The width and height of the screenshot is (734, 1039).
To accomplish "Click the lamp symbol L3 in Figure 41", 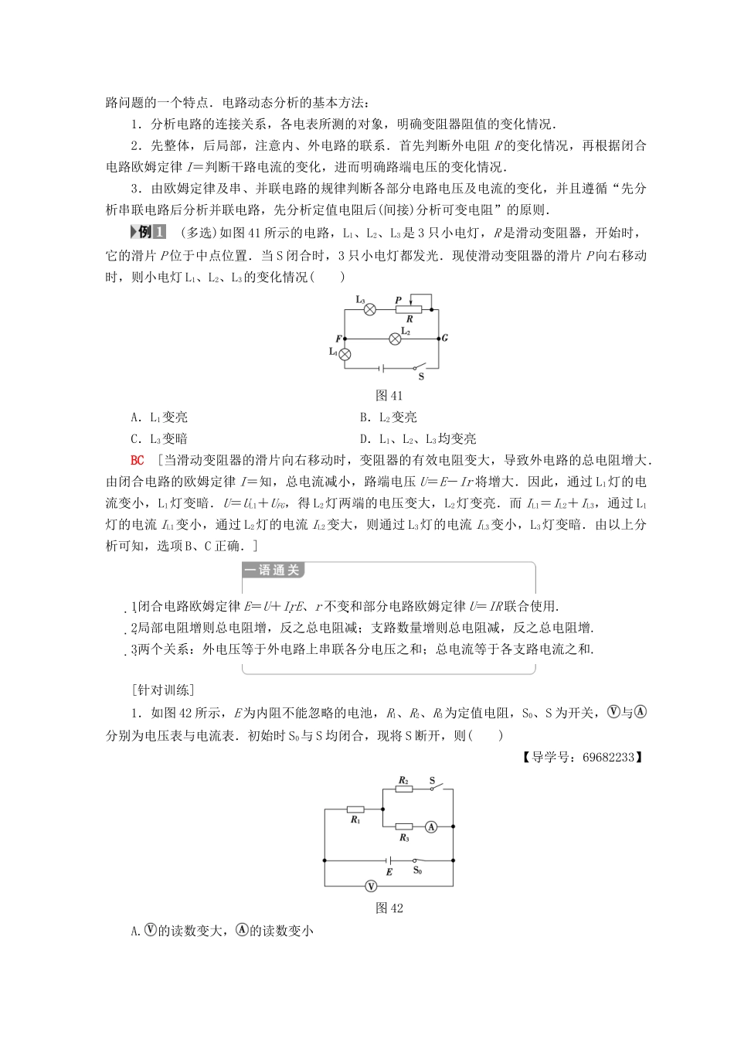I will coord(369,309).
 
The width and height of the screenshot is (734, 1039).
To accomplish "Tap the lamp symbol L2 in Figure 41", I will coord(395,339).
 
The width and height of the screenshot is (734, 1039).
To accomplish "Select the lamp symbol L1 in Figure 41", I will coord(345,354).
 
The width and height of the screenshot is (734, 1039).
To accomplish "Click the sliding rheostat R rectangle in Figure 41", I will coord(409,309).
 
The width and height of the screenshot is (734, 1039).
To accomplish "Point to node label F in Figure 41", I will coord(338,339).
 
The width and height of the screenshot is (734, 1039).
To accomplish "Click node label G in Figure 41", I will coord(445,339).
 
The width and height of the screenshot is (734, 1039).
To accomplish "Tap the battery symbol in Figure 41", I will coord(381,369).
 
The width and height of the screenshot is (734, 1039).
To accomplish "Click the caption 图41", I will coord(389,396).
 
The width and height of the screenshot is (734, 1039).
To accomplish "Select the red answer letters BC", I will coord(138,461).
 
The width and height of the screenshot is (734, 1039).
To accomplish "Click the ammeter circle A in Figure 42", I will coord(432,827).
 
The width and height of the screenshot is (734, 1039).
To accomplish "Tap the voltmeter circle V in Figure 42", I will coord(371,886).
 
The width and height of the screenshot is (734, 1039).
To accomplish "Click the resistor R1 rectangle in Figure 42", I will coord(355,809).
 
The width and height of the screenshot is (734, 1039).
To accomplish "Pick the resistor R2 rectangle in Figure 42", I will coord(403,789).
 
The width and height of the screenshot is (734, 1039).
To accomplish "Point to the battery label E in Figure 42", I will coord(389,872).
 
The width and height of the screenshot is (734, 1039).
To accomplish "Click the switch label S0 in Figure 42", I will coord(417,870).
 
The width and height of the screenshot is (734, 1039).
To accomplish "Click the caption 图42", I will coord(389,908).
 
